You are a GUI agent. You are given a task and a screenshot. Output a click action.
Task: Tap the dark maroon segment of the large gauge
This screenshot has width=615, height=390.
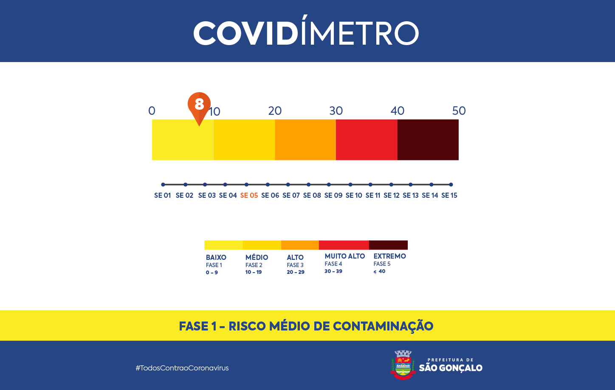(x=428, y=139)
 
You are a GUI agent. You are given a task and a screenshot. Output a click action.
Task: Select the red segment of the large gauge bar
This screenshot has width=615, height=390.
(x=367, y=139)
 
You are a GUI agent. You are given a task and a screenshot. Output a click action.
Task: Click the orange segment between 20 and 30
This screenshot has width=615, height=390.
(x=305, y=139)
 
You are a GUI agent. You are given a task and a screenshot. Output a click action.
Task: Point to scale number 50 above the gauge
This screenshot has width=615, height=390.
(x=459, y=111)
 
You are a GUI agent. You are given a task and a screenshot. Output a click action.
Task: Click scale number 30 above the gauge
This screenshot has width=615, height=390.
(x=336, y=111)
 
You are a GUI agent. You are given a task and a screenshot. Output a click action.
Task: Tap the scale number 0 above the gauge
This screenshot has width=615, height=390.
(x=152, y=111)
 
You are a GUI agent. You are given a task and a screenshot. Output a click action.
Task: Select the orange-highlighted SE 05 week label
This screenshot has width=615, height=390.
(x=249, y=196)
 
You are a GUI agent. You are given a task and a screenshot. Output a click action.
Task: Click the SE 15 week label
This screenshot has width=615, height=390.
(x=449, y=196)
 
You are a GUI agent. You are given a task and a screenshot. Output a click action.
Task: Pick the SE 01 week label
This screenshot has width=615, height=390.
(x=162, y=196)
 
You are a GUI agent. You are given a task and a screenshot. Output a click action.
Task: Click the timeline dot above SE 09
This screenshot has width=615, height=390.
(x=329, y=185)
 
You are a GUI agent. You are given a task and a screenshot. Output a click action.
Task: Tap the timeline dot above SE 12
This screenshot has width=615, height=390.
(x=391, y=185)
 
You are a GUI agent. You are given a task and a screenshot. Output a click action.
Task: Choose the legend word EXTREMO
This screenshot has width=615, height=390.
(x=389, y=256)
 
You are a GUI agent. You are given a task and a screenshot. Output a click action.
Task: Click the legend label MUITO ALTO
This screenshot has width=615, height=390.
(x=345, y=256)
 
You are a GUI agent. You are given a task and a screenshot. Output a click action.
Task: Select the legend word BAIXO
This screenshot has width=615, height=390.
(x=216, y=257)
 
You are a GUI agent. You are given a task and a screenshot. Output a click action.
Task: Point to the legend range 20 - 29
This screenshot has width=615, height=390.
(x=296, y=272)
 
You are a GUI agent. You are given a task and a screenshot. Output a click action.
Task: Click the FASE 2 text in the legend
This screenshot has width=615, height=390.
(x=254, y=265)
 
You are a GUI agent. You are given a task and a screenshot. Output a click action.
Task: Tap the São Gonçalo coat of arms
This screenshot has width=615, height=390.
(x=403, y=364)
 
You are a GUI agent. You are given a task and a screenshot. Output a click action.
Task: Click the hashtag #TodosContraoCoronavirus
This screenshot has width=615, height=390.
(x=182, y=368)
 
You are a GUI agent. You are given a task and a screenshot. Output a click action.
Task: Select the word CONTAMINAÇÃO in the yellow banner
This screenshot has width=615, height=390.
(x=383, y=326)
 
